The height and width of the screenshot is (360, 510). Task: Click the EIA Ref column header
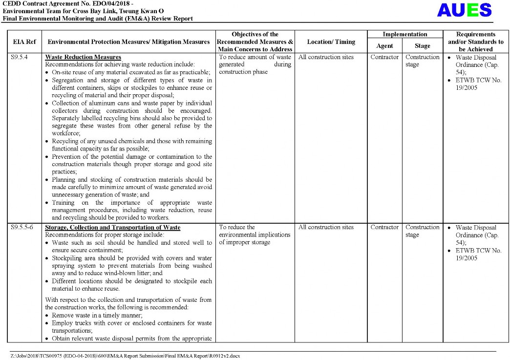tap(24, 42)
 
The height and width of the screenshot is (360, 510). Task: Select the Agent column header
tap(384, 46)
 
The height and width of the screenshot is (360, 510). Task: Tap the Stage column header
tap(422, 46)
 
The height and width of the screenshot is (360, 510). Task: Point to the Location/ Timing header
tap(331, 42)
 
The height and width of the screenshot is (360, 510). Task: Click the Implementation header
tap(404, 35)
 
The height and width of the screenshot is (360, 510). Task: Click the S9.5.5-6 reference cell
tap(22, 228)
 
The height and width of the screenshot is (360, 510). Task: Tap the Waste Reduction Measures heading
tap(83, 57)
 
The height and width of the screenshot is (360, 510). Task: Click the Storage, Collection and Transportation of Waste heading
tap(112, 228)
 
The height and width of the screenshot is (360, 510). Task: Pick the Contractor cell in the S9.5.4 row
tap(384, 57)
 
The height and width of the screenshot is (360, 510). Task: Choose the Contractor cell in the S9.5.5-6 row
tap(384, 227)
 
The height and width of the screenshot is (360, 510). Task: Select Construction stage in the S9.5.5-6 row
tap(422, 231)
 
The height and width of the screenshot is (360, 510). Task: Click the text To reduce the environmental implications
tap(255, 234)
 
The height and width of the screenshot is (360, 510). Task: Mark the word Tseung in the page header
tap(134, 11)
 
